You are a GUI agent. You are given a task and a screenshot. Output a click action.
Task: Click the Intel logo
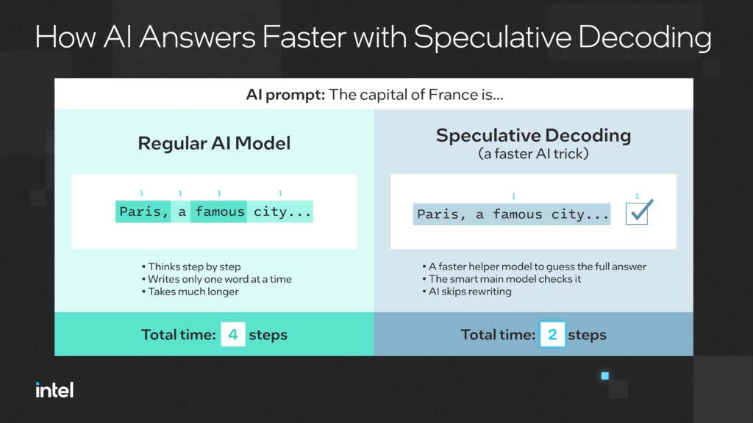point(54,390)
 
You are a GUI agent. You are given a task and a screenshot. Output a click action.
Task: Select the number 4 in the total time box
point(233,334)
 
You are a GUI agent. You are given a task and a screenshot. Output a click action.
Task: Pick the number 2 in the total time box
point(552,334)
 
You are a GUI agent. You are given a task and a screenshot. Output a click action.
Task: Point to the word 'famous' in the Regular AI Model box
point(219,211)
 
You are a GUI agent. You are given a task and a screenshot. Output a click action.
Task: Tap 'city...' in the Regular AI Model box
point(282,211)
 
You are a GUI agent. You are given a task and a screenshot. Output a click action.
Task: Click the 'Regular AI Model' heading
point(214,143)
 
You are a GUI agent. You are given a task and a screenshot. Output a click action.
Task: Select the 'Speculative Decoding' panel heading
point(533,136)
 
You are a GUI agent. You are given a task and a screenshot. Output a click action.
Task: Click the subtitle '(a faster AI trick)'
point(533,154)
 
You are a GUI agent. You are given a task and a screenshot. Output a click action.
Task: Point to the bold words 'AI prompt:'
point(286,95)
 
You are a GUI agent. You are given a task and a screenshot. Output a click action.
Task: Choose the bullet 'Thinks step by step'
point(192,267)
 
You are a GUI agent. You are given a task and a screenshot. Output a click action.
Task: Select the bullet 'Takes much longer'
point(190,292)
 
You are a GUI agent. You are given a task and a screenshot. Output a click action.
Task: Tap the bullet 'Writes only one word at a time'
point(217,279)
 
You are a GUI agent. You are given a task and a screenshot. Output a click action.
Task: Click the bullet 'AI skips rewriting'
point(467,292)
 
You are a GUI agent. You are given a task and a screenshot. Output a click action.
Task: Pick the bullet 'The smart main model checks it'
point(502,279)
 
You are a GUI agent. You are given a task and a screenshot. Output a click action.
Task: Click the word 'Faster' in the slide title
point(304,37)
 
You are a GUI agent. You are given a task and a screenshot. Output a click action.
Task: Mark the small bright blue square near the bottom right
point(605,375)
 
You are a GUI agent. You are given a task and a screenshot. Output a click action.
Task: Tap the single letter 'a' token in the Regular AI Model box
point(182,212)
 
